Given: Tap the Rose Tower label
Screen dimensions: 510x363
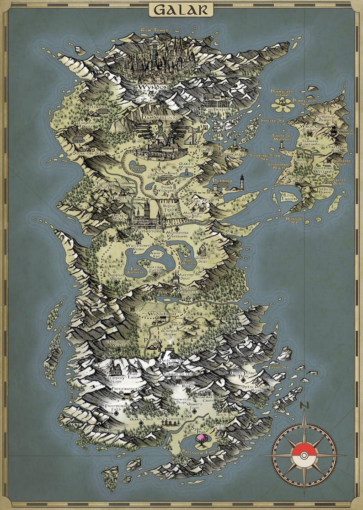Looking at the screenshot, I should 155,30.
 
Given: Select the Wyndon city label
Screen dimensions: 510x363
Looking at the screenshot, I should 154,87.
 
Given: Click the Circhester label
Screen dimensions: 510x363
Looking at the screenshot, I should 217,110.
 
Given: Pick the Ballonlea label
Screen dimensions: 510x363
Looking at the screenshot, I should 95,108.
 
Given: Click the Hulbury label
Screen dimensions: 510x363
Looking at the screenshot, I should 223,180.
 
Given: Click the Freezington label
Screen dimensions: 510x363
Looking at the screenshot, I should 125,389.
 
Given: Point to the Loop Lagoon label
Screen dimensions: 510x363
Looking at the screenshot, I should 288,197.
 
